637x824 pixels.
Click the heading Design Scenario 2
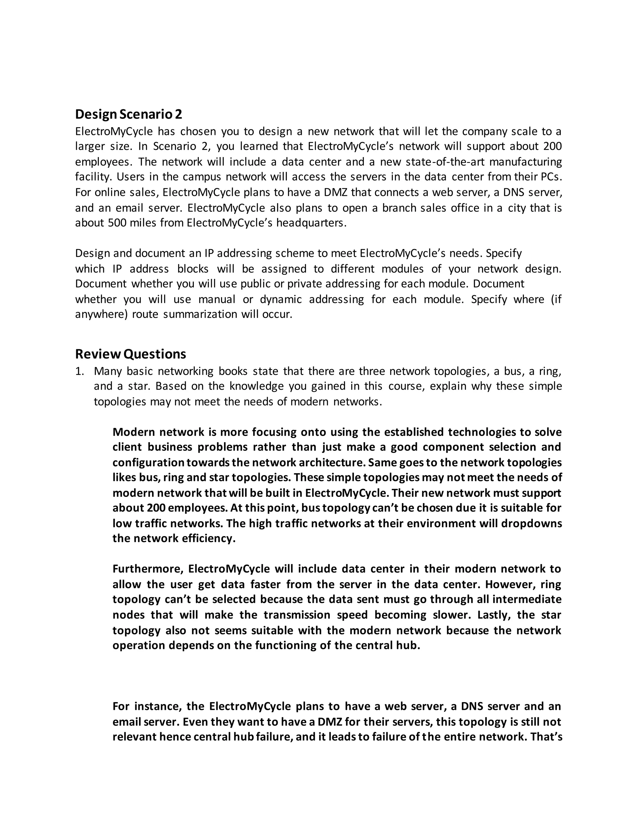click(x=128, y=114)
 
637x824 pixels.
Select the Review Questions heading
click(x=130, y=354)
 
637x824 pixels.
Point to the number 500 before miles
click(x=117, y=223)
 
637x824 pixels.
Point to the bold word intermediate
click(x=527, y=599)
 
